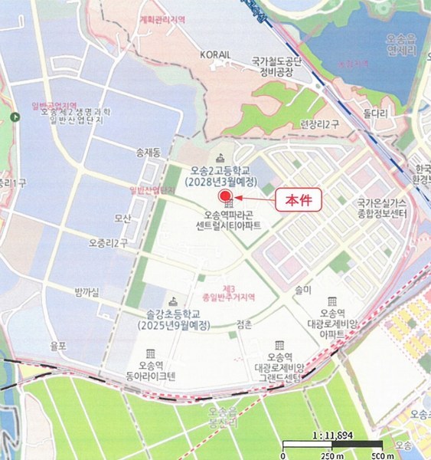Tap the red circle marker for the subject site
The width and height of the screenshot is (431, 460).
[226, 196]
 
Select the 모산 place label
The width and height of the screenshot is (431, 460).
[122, 219]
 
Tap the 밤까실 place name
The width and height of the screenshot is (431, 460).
[88, 291]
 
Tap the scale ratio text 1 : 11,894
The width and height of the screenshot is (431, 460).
[332, 435]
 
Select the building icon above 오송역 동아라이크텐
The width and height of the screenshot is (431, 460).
[151, 353]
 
